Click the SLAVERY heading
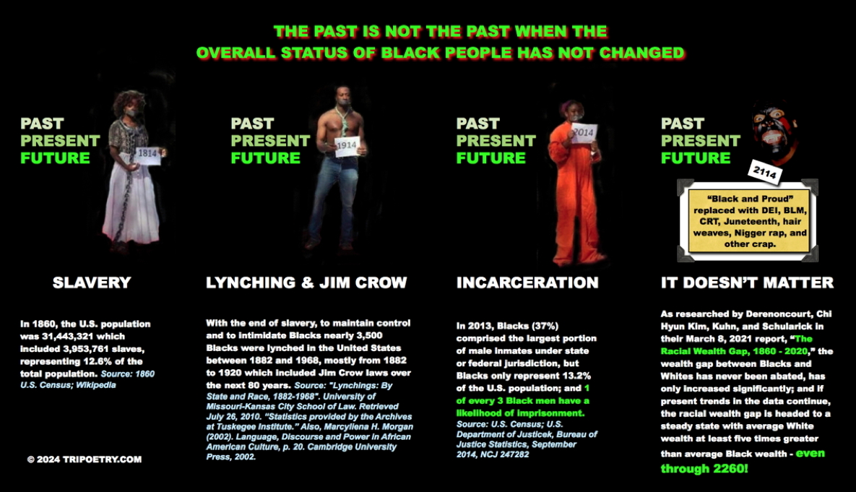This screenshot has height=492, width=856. pyautogui.click(x=92, y=282)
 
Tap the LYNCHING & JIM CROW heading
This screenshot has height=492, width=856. pyautogui.click(x=306, y=282)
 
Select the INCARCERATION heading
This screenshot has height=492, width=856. pyautogui.click(x=527, y=282)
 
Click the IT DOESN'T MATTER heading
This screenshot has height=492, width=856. pyautogui.click(x=747, y=282)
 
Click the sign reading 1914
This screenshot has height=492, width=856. pyautogui.click(x=347, y=146)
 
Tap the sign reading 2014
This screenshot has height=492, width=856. pyautogui.click(x=583, y=133)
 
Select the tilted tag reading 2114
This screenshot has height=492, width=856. pyautogui.click(x=765, y=173)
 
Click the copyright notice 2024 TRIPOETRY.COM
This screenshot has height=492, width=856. pyautogui.click(x=85, y=459)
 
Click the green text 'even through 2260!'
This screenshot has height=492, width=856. pyautogui.click(x=743, y=461)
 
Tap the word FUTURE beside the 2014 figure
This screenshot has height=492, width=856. pyautogui.click(x=490, y=157)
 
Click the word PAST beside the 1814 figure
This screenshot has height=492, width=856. pyautogui.click(x=42, y=124)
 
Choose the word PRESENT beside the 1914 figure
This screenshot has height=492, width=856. pyautogui.click(x=270, y=141)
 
